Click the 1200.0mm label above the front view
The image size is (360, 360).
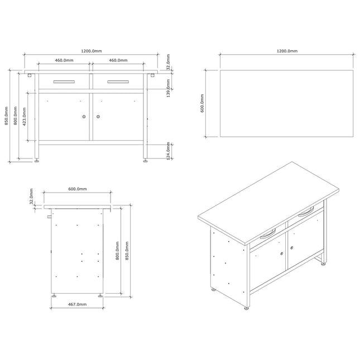coord(91,51)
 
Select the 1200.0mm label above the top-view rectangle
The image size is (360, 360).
coord(287,51)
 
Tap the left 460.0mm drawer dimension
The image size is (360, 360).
coord(65,60)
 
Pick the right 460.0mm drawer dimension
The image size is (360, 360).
coord(118,60)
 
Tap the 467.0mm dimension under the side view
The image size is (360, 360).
coord(78,304)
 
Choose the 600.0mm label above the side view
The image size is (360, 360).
coord(77,189)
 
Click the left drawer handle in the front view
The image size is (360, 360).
coord(64,81)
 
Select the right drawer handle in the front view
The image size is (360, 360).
coord(118,81)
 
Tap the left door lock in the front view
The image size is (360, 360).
coord(84,117)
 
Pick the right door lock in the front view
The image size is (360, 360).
coord(98,117)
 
